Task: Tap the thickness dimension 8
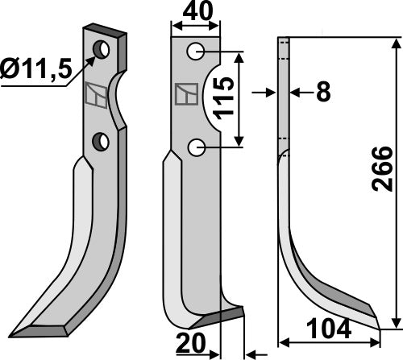(x=323, y=93)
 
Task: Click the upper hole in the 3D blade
(x=102, y=50)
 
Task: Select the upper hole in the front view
(x=195, y=52)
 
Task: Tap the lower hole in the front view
(x=195, y=147)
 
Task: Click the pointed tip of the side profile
(x=376, y=325)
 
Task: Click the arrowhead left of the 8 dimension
(x=272, y=93)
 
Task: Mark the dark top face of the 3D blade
(x=105, y=32)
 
